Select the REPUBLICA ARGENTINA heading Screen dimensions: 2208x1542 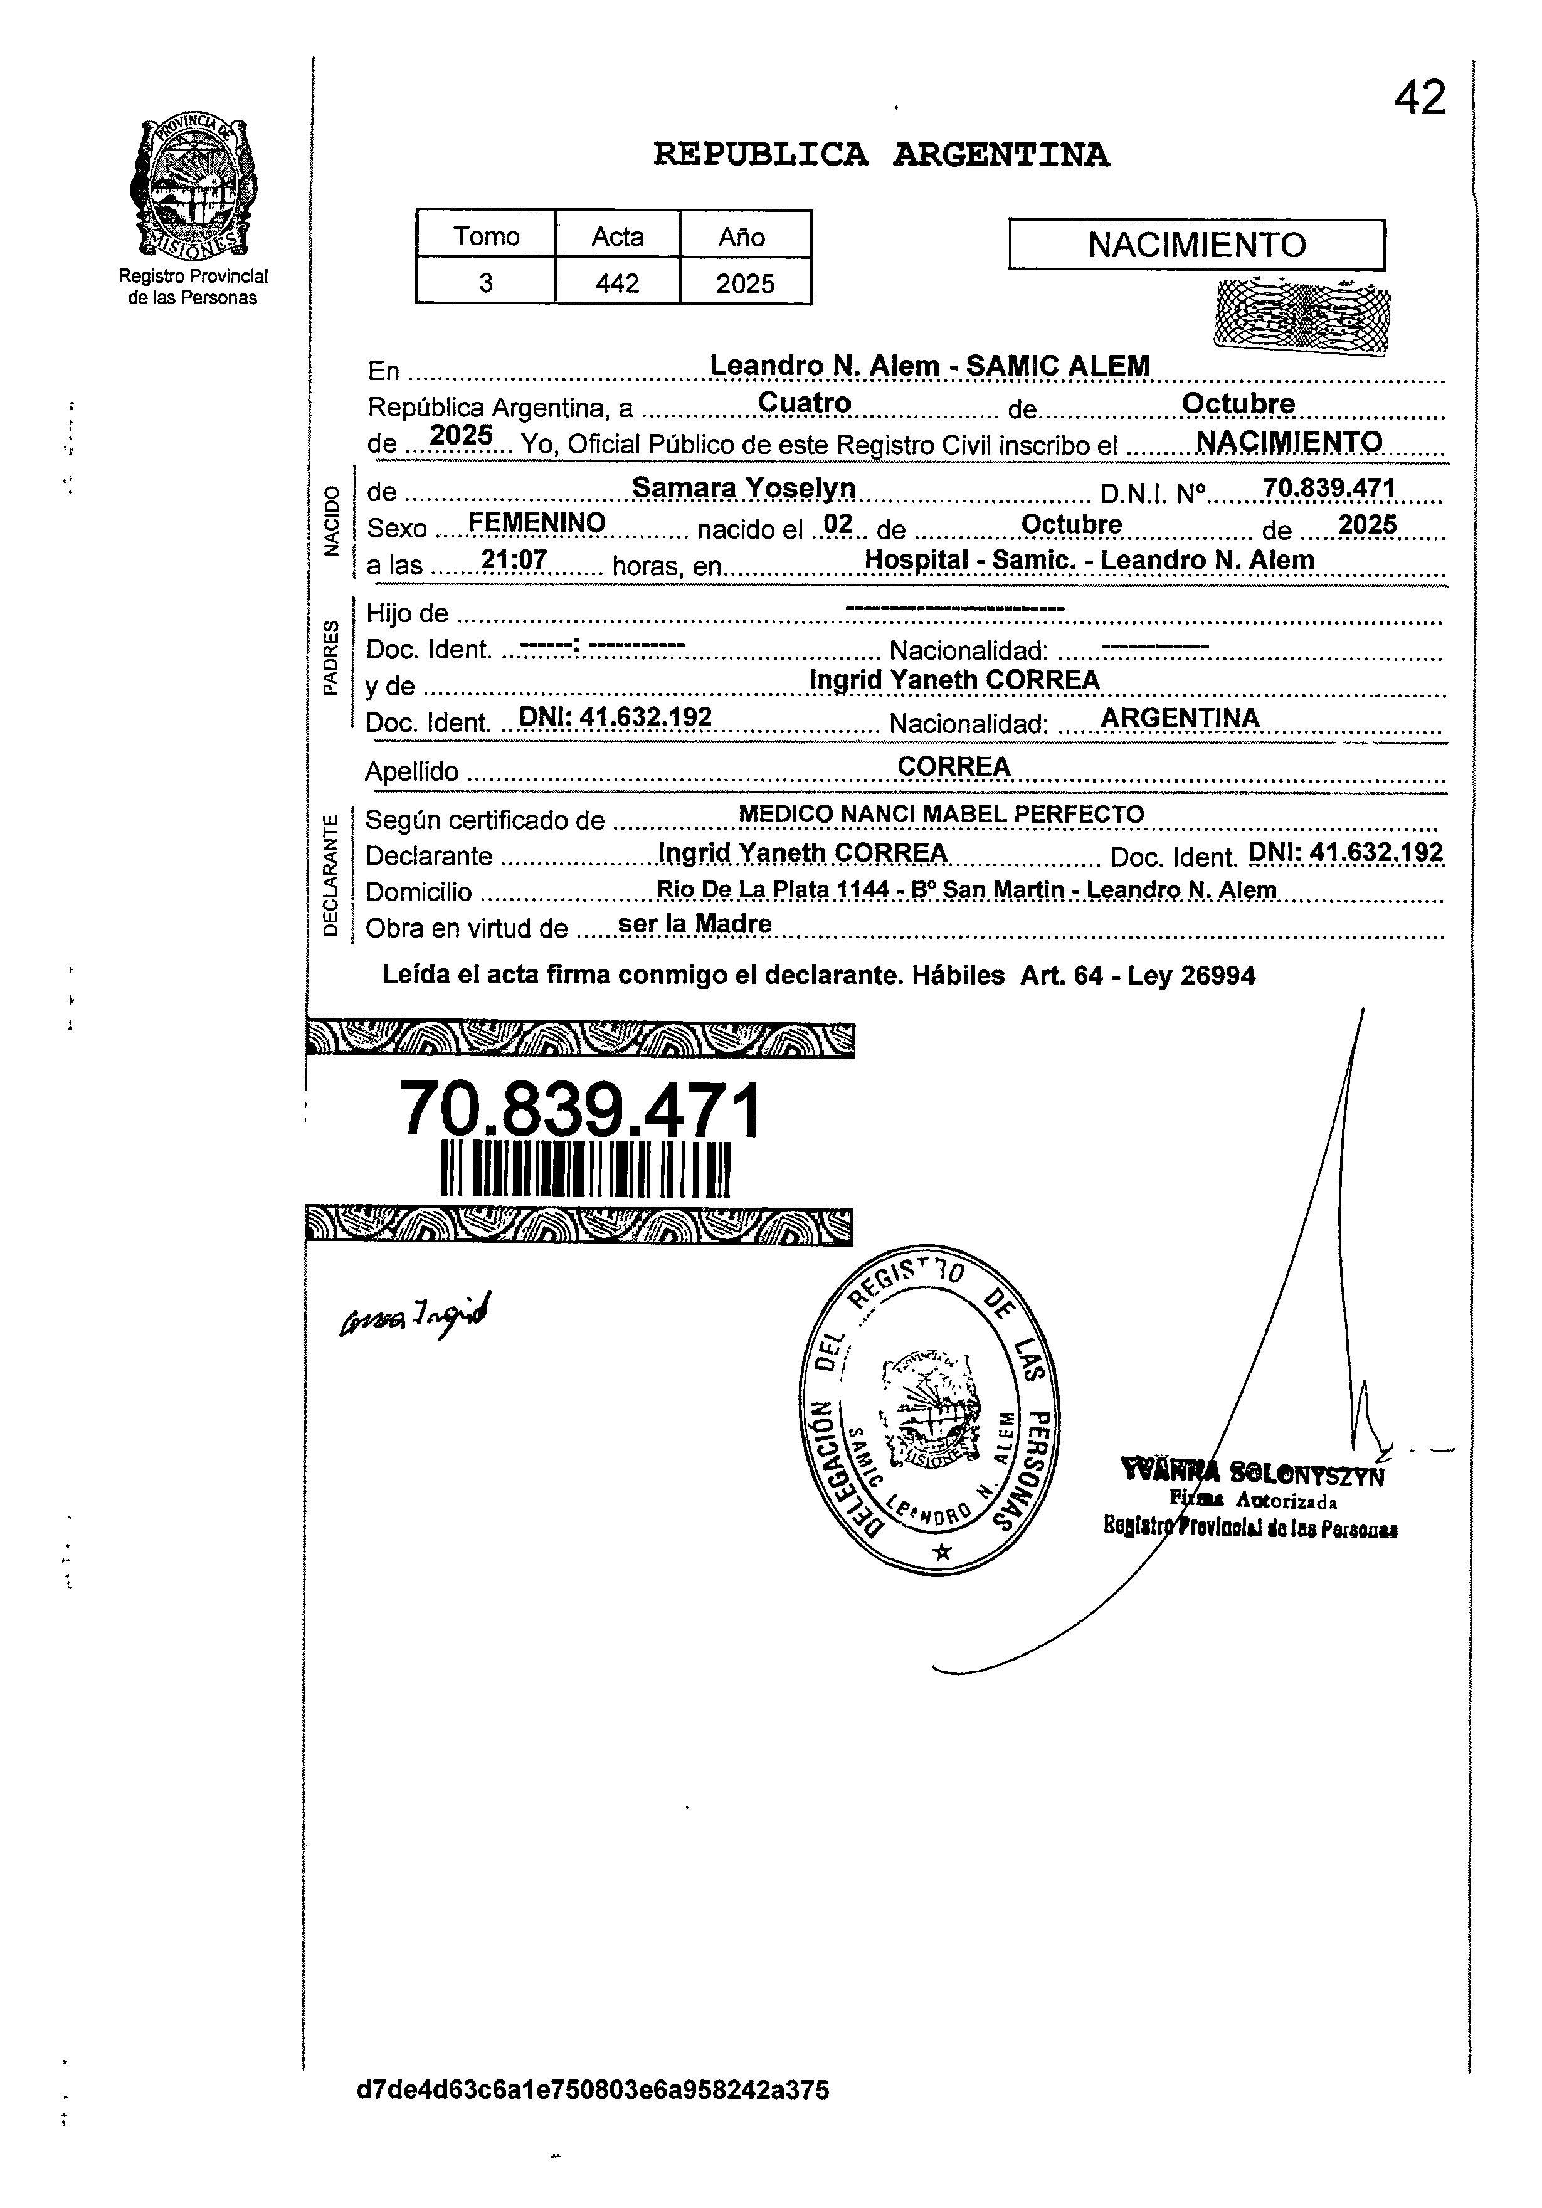pyautogui.click(x=880, y=155)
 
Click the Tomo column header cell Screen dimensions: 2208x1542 pyautogui.click(x=486, y=236)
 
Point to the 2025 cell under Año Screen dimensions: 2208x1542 pyautogui.click(x=746, y=283)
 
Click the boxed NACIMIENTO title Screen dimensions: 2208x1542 pyautogui.click(x=1196, y=245)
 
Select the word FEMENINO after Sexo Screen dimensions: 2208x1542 pyautogui.click(x=536, y=522)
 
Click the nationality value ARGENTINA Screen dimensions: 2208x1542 pyautogui.click(x=1180, y=717)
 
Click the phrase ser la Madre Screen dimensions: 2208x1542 pyautogui.click(x=695, y=924)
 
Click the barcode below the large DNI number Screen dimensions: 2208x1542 pyautogui.click(x=585, y=1168)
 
